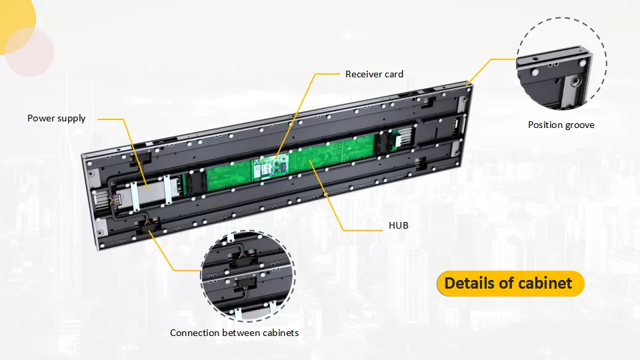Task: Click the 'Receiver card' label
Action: (x=374, y=74)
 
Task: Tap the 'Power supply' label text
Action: (x=56, y=119)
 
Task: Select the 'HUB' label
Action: (x=399, y=225)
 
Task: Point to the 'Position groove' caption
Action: (x=561, y=125)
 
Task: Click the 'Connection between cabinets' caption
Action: (x=234, y=333)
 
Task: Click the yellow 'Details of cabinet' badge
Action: (x=511, y=283)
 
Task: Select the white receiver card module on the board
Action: (x=270, y=168)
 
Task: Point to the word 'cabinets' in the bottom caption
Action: (x=281, y=333)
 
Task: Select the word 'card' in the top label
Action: (x=394, y=74)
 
